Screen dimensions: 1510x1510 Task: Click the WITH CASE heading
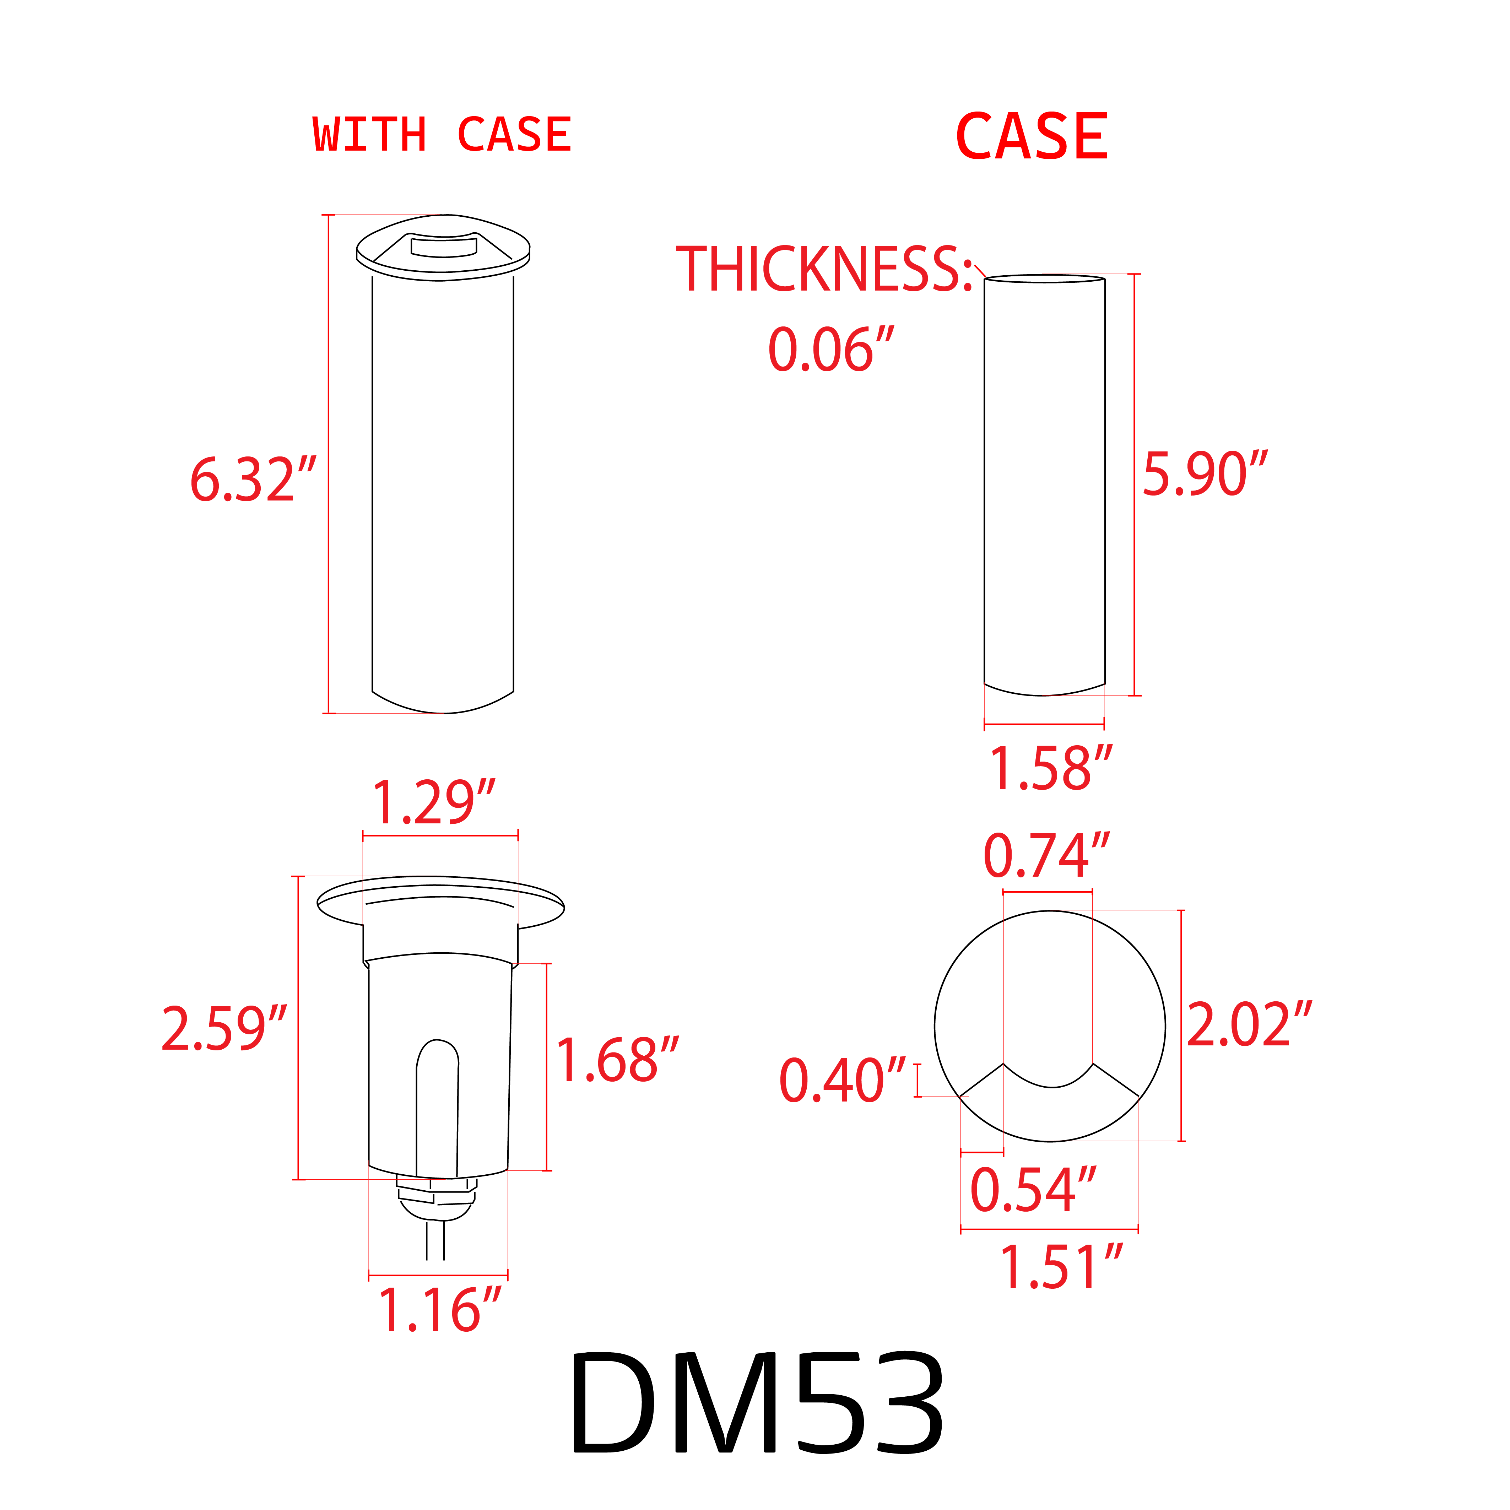coord(442,135)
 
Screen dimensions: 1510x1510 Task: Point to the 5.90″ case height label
coord(1203,475)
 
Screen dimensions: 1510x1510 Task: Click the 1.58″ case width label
coord(1050,769)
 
